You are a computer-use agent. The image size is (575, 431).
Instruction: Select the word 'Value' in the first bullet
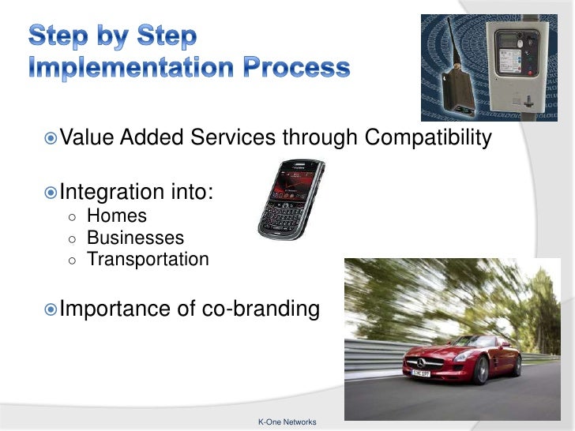(87, 138)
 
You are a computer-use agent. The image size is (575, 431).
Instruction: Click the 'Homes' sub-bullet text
(116, 215)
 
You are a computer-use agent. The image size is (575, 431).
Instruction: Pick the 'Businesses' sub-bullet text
(135, 238)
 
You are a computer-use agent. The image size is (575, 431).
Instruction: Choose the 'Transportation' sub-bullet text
(148, 259)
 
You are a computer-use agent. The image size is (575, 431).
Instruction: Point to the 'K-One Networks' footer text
(287, 422)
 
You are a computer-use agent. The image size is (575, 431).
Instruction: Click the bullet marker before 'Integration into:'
(51, 193)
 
